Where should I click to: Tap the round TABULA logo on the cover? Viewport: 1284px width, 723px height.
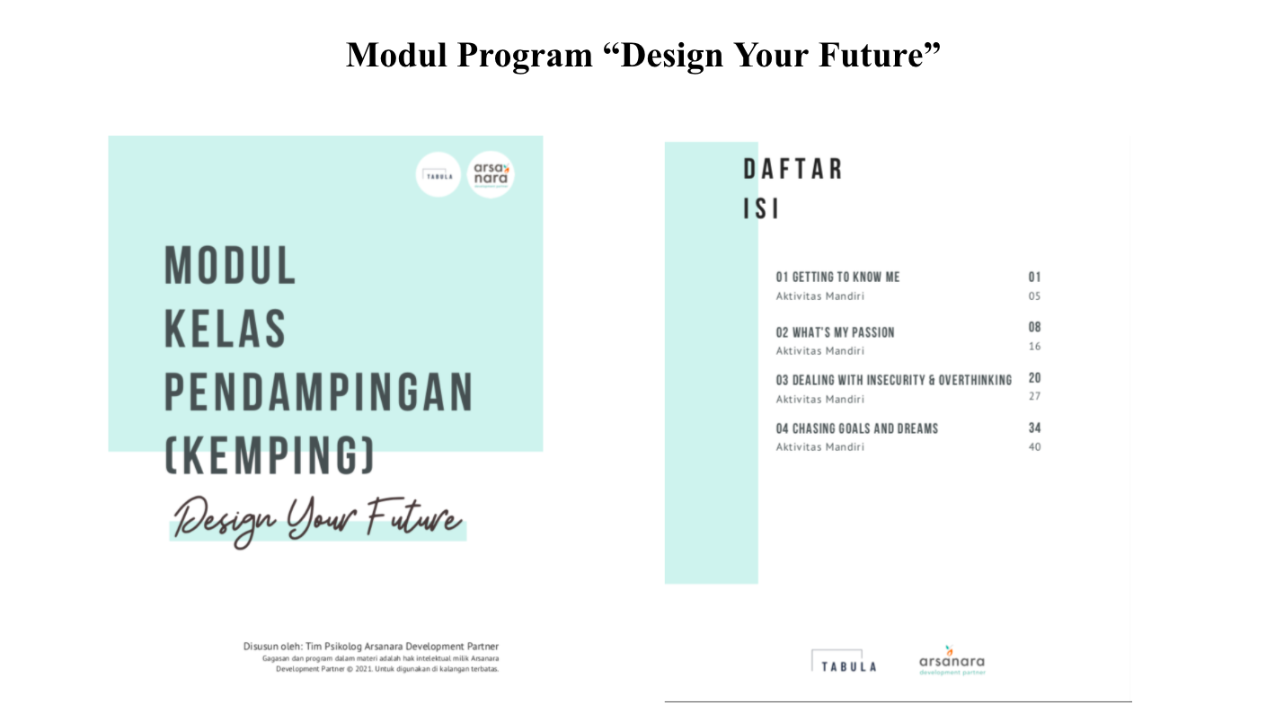438,174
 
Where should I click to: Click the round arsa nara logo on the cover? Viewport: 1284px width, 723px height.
491,174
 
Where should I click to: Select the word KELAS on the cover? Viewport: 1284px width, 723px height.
226,330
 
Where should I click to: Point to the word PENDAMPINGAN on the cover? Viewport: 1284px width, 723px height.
318,392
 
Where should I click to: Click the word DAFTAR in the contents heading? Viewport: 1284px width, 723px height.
793,169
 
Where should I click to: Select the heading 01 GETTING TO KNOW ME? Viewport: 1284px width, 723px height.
837,277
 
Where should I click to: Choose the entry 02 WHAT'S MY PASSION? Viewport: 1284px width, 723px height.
835,332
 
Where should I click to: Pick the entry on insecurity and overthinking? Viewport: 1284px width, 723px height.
893,380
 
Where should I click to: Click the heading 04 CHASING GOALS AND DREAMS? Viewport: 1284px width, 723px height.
856,428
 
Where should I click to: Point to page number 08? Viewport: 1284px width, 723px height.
1034,328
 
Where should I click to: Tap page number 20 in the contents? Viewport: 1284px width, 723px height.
1034,379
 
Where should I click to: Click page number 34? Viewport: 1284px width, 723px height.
1034,428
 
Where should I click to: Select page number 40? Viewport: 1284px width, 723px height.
1034,447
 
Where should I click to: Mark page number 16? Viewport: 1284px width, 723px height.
1034,347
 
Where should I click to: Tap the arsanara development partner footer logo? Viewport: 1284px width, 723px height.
952,662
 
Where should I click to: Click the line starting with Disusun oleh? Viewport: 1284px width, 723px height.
370,646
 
